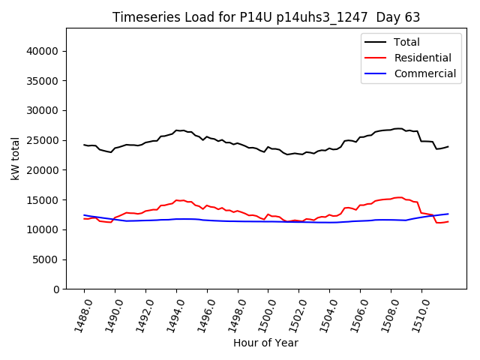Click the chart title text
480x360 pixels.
[266, 16]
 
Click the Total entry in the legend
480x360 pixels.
[406, 42]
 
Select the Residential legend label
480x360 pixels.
[424, 58]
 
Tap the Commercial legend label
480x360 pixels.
[425, 73]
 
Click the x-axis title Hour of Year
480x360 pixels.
[265, 343]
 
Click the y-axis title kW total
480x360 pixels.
[15, 158]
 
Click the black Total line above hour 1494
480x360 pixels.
[176, 130]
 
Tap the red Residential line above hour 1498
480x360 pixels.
[238, 211]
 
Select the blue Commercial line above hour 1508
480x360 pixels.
[391, 220]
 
